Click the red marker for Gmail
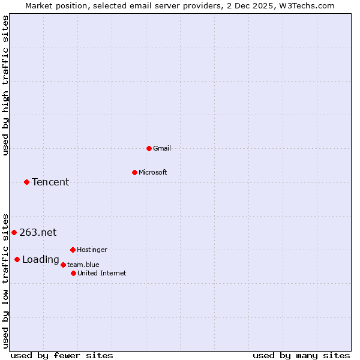[x=149, y=148]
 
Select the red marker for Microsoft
[x=134, y=172]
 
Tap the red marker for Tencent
[x=26, y=182]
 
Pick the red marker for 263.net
[x=14, y=232]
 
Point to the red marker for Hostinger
[x=73, y=250]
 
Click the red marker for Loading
[x=17, y=259]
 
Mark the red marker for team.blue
[x=63, y=265]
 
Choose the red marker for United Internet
[x=73, y=273]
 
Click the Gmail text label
[x=162, y=148]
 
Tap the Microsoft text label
[x=153, y=172]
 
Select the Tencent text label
[x=50, y=182]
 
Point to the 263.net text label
[x=38, y=233]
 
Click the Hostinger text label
[x=92, y=250]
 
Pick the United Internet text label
[x=102, y=273]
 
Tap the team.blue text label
[x=83, y=265]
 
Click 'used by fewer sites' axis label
[x=62, y=355]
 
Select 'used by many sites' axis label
[x=301, y=355]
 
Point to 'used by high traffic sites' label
[x=6, y=85]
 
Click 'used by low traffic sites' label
[x=6, y=280]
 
